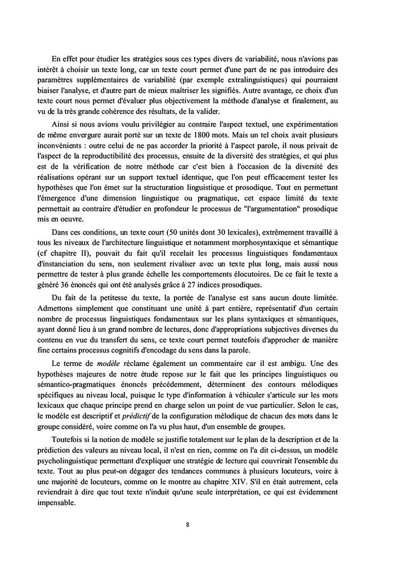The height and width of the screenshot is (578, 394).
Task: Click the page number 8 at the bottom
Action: [187, 525]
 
